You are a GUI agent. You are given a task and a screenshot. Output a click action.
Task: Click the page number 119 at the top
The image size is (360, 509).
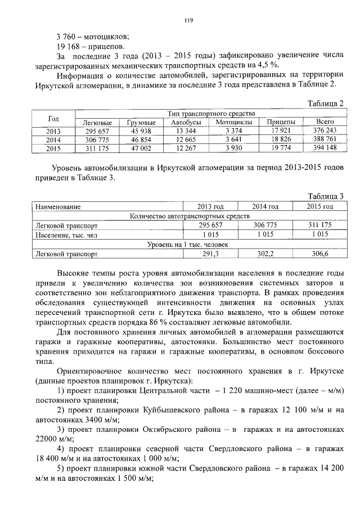tap(188, 21)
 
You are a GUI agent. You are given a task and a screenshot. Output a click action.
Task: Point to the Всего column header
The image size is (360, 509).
tap(325, 123)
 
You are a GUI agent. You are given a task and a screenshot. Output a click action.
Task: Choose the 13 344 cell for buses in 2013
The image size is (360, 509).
tap(186, 130)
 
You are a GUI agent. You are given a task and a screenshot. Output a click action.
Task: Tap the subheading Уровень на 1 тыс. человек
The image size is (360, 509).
tap(188, 244)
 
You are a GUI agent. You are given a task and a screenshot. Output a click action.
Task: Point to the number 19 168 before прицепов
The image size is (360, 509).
tap(68, 46)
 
